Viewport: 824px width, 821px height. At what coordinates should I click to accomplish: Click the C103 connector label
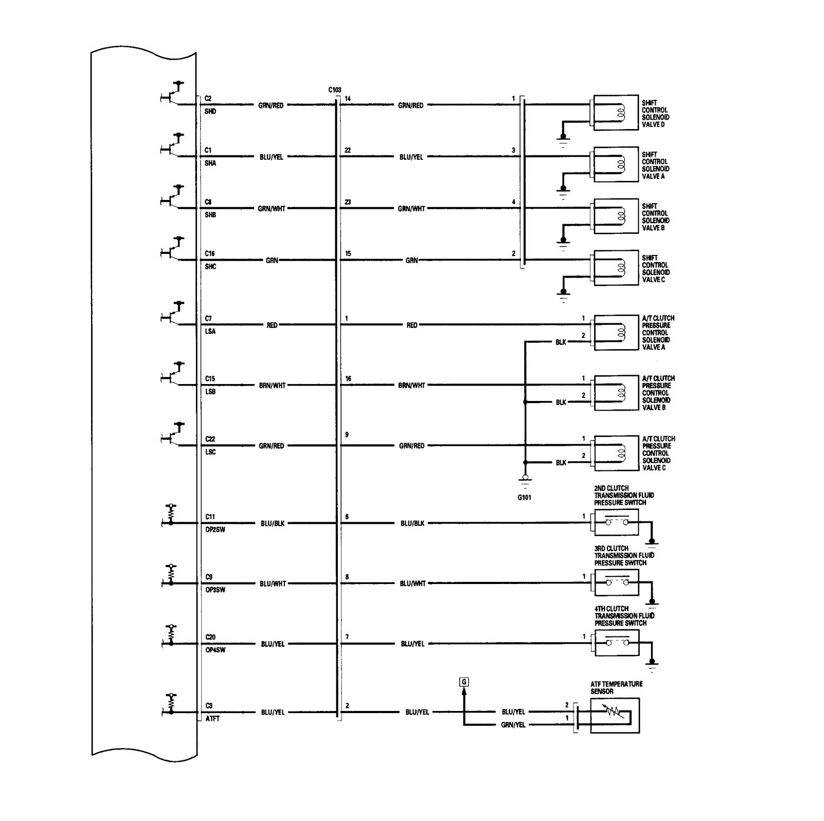point(335,90)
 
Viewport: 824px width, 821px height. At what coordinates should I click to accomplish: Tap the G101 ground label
point(524,497)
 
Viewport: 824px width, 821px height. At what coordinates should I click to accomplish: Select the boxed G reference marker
point(464,682)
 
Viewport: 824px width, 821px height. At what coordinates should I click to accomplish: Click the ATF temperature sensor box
point(615,715)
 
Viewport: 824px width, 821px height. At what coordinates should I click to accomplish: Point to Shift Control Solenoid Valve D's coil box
point(615,113)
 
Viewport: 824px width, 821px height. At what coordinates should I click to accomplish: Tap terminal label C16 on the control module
point(210,254)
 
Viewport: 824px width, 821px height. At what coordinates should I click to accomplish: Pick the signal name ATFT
point(212,719)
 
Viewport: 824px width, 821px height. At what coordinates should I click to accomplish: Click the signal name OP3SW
point(215,590)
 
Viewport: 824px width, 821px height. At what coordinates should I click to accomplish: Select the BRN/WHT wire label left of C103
point(272,386)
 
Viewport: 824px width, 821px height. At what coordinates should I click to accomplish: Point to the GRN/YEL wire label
point(513,725)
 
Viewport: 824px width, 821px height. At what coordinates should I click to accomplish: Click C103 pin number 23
point(348,202)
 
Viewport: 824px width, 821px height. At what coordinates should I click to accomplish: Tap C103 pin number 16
point(348,379)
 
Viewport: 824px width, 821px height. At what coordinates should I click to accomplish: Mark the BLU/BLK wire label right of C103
point(413,523)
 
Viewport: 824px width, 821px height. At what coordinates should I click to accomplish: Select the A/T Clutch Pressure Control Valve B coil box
point(616,393)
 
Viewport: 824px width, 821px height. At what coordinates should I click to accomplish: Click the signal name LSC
point(210,452)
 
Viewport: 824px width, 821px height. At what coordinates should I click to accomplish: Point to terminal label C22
point(210,439)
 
